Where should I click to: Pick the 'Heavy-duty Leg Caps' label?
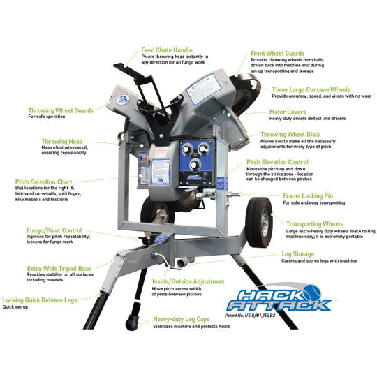tap(183, 318)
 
